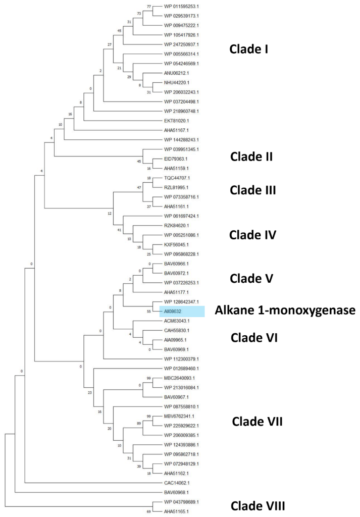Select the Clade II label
pos(251,156)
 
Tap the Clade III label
pos(253,190)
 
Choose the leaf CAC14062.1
pos(176,483)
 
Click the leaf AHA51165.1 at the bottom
pos(176,511)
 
